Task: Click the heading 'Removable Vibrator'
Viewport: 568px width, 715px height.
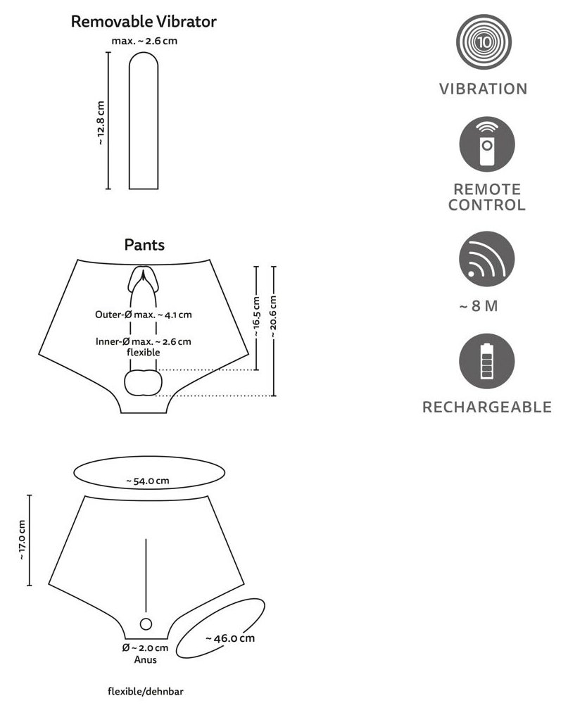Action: [x=144, y=21]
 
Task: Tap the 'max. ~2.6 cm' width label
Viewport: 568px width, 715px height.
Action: [x=144, y=41]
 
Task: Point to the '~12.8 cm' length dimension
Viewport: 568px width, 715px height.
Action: [x=101, y=123]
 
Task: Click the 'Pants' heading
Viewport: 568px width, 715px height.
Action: [x=144, y=245]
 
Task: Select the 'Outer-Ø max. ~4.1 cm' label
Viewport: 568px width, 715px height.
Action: [x=144, y=315]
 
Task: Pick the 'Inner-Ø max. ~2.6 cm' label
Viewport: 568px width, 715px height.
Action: [x=144, y=341]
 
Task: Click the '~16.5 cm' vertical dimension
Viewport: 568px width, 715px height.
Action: [x=256, y=317]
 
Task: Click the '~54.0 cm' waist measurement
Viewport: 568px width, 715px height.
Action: [x=148, y=481]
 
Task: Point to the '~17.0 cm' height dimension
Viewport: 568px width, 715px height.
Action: [x=22, y=540]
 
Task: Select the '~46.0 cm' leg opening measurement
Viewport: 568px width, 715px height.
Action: [x=230, y=638]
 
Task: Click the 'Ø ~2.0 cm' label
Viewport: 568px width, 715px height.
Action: [x=145, y=647]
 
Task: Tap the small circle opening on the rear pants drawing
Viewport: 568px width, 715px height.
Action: [x=146, y=624]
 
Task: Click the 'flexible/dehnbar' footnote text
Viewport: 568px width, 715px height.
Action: [x=146, y=691]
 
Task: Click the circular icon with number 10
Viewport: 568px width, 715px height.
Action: [x=484, y=42]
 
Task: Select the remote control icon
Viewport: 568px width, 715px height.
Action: [x=487, y=144]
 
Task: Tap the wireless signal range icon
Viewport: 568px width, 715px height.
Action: [x=487, y=259]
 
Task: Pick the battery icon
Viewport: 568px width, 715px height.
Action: [x=487, y=361]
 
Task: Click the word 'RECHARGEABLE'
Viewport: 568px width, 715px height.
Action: [x=487, y=407]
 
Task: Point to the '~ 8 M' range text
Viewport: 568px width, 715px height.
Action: [x=478, y=305]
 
